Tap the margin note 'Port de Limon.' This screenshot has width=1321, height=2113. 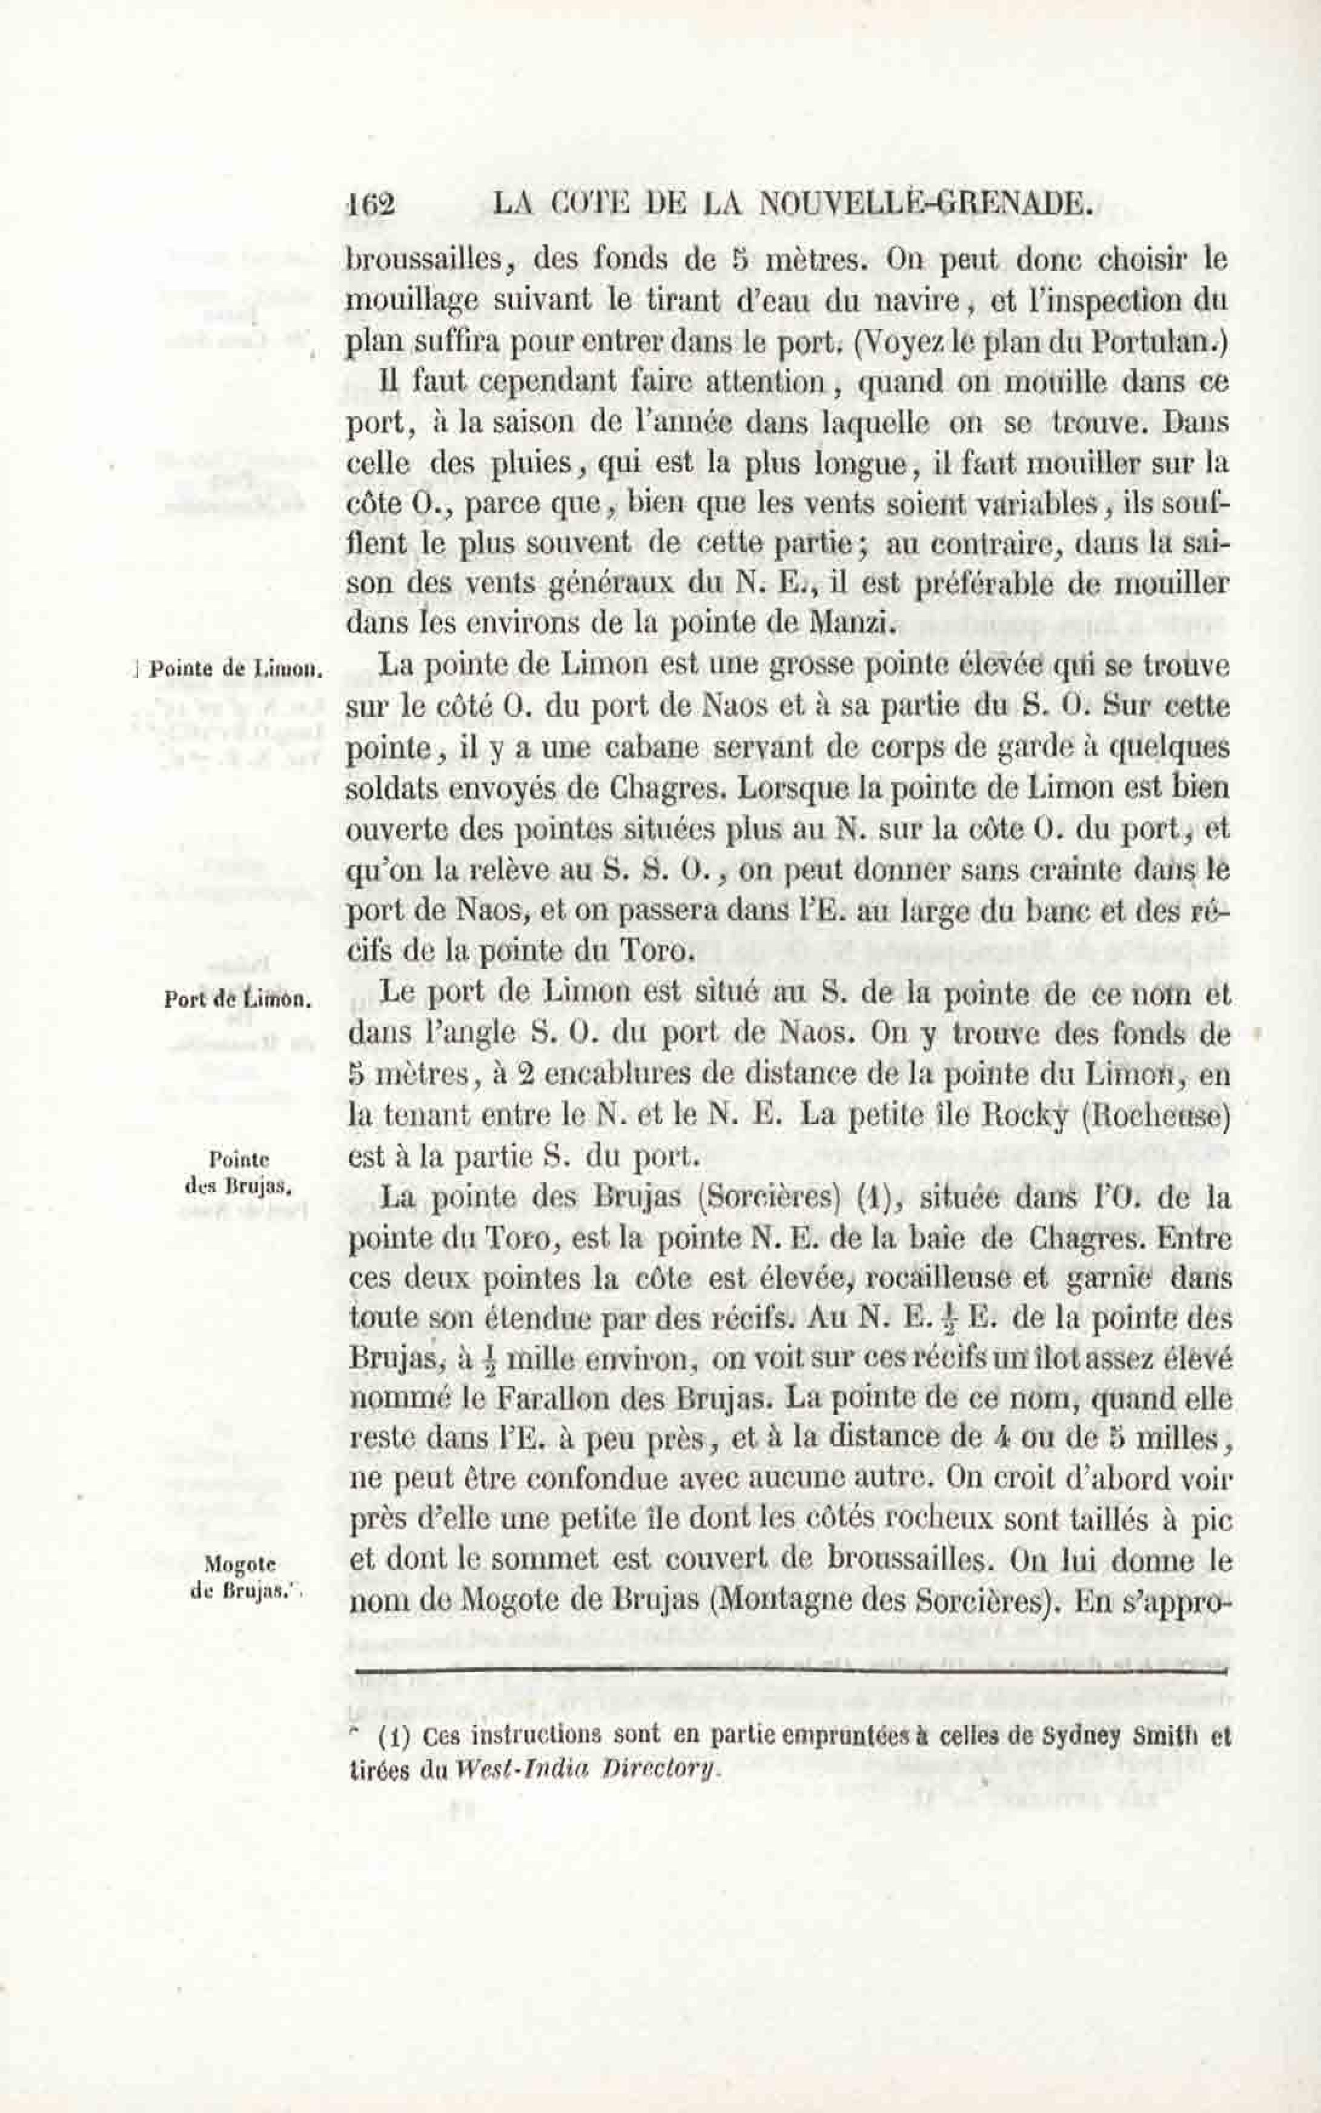[237, 999]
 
